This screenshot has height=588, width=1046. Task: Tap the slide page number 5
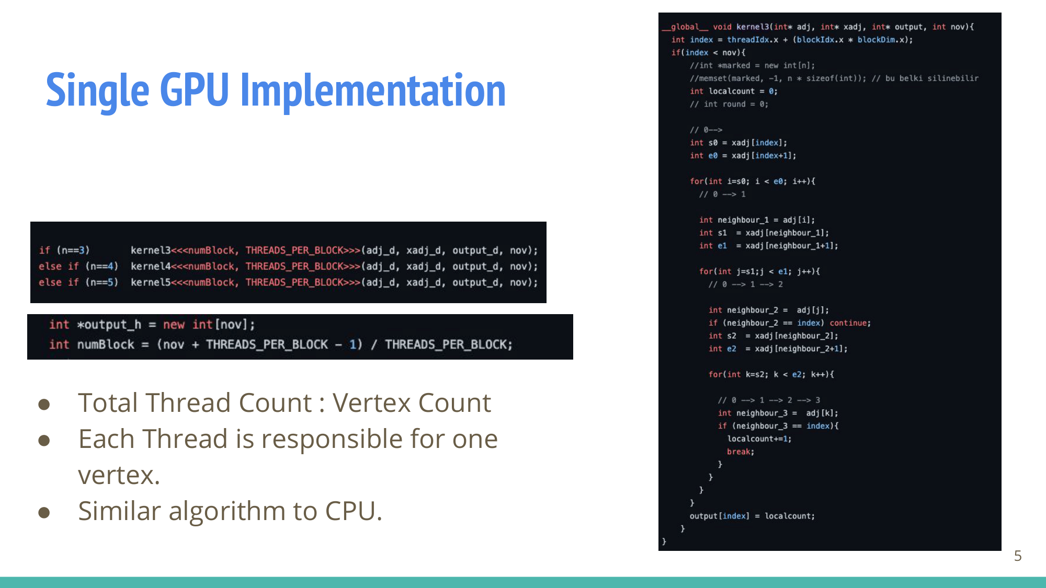[x=1017, y=556]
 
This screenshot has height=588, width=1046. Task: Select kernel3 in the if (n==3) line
[x=151, y=250]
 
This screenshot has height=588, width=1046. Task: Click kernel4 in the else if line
[x=151, y=267]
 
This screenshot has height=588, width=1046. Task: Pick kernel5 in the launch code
[x=151, y=282]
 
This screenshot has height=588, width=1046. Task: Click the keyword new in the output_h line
[x=174, y=325]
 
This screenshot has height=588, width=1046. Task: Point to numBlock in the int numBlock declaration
[x=106, y=344]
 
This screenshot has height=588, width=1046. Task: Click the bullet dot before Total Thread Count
[x=44, y=404]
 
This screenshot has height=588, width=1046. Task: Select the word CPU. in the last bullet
[x=354, y=511]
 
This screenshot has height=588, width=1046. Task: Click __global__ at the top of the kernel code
[x=685, y=27]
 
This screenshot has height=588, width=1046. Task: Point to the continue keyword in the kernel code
[x=850, y=323]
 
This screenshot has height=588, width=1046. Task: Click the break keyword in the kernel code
[x=740, y=452]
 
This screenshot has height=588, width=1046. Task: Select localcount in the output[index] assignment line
[x=789, y=516]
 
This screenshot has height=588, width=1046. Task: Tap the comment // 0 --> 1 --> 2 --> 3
[x=769, y=400]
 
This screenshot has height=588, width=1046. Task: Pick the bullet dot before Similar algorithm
[x=44, y=512]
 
